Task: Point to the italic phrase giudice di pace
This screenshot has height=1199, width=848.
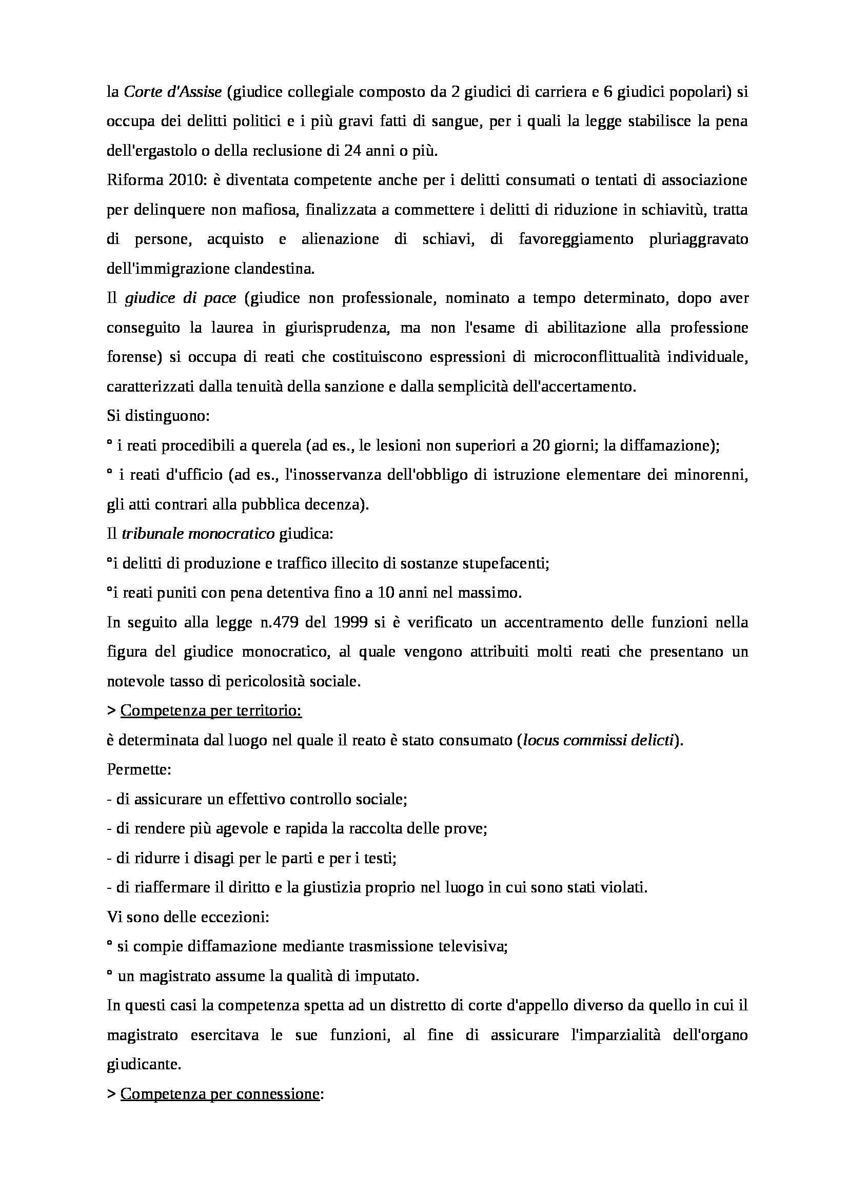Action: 181,299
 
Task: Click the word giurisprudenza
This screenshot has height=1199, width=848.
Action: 338,328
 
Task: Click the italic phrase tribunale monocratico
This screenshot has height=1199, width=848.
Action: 198,535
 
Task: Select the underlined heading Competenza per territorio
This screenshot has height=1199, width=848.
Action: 211,712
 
